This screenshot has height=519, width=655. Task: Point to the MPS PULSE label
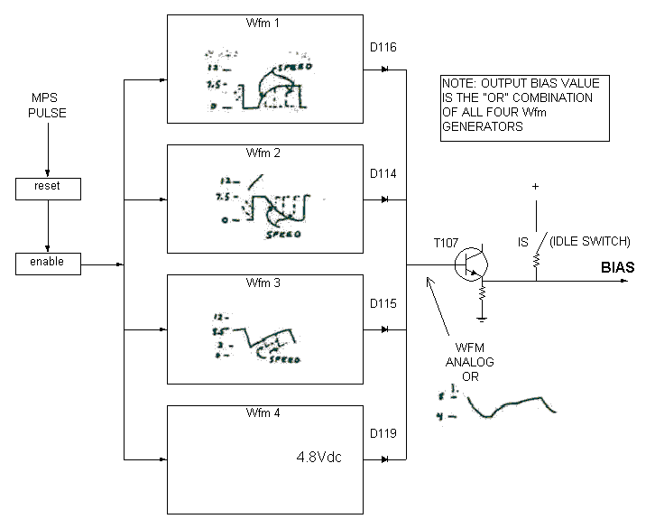(x=49, y=106)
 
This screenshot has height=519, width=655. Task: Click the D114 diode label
(x=384, y=172)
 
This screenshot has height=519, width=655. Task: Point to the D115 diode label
(x=384, y=303)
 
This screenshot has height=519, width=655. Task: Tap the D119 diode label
(x=384, y=436)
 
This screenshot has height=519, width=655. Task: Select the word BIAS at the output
(x=618, y=267)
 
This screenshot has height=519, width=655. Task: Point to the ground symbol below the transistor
(x=483, y=317)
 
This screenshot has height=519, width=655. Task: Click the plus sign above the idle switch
(x=535, y=187)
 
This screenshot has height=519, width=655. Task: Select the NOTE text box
(x=520, y=107)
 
